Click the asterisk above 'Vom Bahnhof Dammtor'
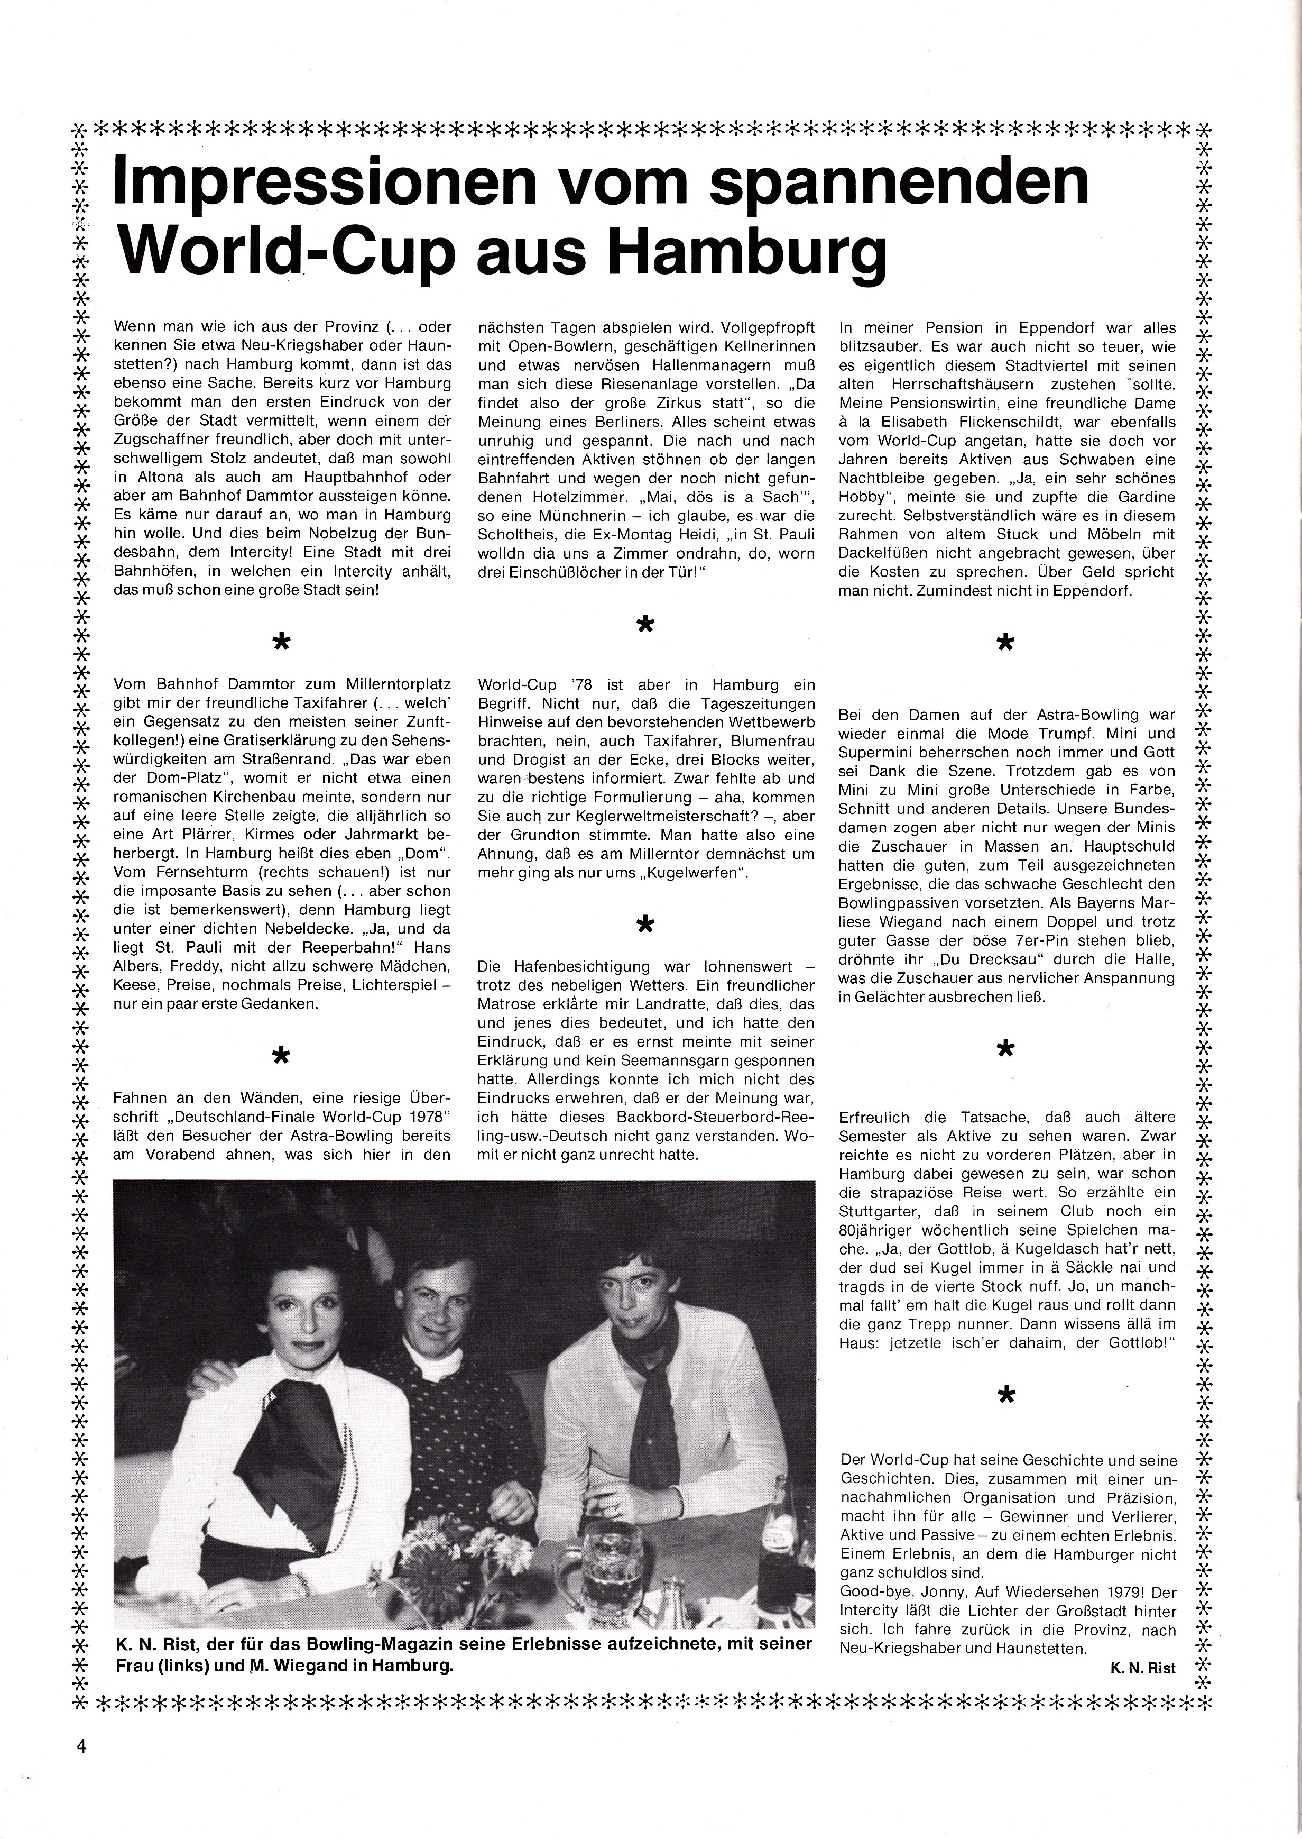(281, 641)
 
